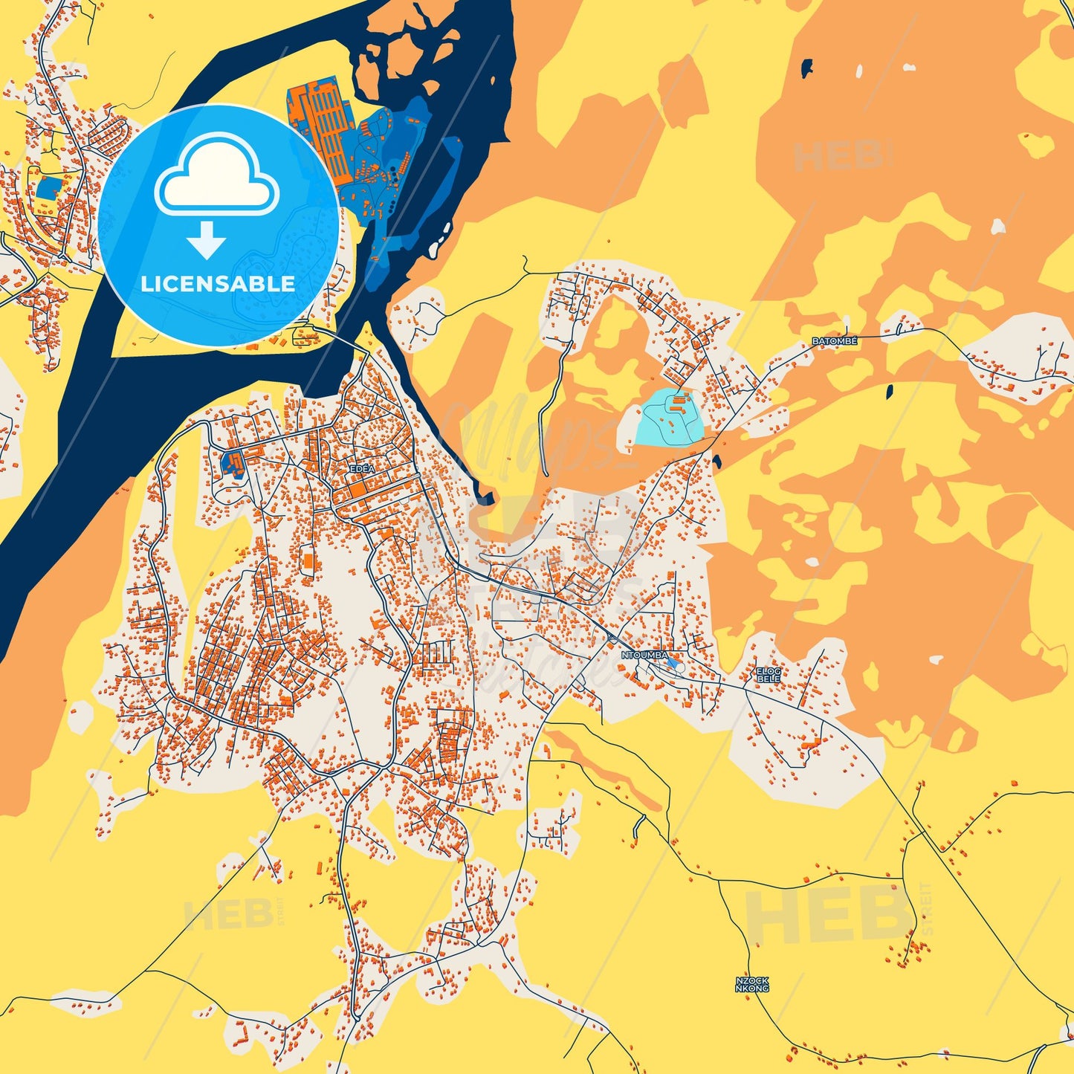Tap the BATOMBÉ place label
834,341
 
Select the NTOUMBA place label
644,656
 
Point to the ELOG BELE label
769,675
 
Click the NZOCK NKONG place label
751,985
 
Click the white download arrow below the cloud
207,239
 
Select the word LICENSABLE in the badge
218,283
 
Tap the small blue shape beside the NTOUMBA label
672,661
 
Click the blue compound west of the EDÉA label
232,463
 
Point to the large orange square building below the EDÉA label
358,490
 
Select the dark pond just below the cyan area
716,461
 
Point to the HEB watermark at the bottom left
228,916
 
